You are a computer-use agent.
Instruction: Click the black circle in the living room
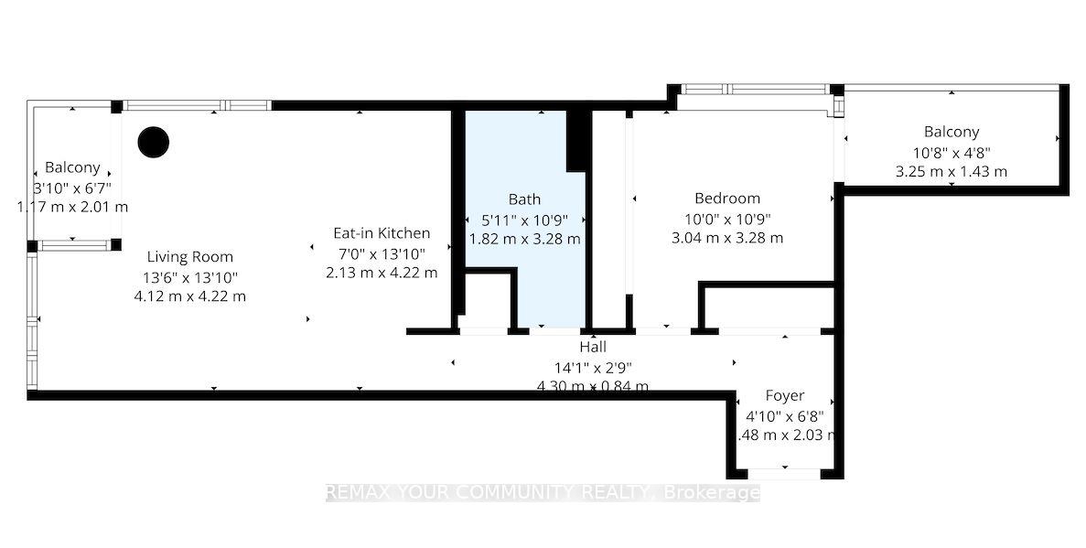154,142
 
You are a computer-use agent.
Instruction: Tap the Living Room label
190,257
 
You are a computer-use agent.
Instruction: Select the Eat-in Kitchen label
381,233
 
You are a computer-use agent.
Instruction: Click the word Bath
524,199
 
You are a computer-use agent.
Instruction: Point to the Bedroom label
727,199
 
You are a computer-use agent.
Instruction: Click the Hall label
593,348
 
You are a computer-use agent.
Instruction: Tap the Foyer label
784,396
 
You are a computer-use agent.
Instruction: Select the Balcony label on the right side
951,133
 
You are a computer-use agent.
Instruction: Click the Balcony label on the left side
72,168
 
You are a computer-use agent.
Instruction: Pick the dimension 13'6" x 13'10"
190,277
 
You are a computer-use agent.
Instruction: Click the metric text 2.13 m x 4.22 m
382,273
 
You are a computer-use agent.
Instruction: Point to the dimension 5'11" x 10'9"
524,220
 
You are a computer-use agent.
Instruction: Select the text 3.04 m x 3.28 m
727,239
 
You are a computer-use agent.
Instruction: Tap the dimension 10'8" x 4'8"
951,152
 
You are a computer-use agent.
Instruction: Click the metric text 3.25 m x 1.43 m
951,171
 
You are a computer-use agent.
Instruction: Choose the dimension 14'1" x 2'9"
593,367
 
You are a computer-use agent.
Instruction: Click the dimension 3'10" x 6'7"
72,188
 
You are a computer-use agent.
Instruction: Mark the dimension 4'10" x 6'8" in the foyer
784,415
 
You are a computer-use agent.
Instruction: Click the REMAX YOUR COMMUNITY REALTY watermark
543,493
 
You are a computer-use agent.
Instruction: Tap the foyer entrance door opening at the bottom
784,473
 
